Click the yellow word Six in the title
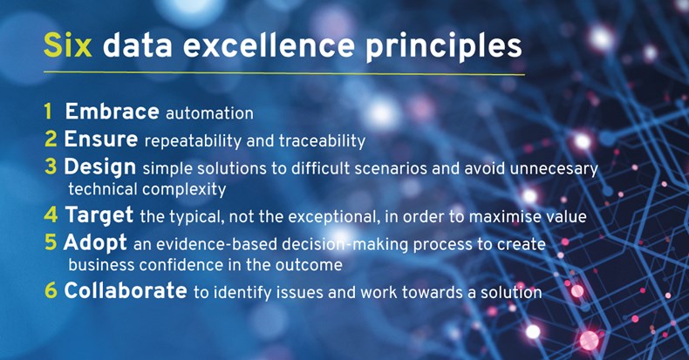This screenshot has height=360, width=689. (68, 45)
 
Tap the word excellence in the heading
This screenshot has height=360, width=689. (269, 45)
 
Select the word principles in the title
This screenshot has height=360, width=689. (443, 47)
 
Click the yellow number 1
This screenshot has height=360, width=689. (48, 112)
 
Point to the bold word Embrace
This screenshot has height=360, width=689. (112, 112)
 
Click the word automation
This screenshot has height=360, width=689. (209, 113)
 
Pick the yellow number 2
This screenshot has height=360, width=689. (51, 139)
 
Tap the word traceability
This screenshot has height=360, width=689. (322, 141)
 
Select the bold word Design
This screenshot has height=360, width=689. (100, 167)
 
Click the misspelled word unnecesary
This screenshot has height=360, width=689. (554, 168)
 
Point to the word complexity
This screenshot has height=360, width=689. (184, 190)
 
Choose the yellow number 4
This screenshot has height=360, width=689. (51, 215)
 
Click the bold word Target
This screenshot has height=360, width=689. (99, 215)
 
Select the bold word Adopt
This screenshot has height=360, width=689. (95, 243)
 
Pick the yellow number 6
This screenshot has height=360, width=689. (51, 290)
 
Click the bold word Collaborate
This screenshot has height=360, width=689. (126, 290)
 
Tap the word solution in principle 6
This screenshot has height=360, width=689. (511, 292)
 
